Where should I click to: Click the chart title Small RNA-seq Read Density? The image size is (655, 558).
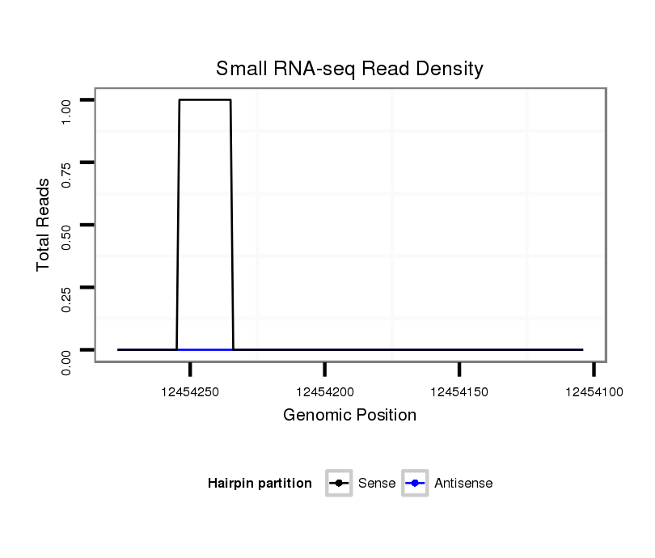click(x=349, y=69)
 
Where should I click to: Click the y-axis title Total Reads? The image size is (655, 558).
click(x=44, y=225)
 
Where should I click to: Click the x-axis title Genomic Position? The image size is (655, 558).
click(x=349, y=416)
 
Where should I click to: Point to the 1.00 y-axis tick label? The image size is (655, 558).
click(x=67, y=111)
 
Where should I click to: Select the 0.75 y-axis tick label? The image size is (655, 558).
click(x=67, y=174)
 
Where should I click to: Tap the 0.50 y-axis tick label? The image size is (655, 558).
click(x=67, y=236)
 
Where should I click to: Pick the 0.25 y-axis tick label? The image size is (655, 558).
click(x=67, y=299)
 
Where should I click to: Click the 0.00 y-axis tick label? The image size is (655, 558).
click(x=67, y=361)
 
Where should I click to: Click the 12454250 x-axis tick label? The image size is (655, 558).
click(x=190, y=392)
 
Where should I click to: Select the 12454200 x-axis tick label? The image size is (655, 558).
click(x=325, y=392)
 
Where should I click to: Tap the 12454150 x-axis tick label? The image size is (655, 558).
click(x=459, y=392)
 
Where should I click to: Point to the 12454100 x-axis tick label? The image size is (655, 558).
click(x=594, y=392)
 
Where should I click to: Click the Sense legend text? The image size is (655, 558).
click(x=377, y=484)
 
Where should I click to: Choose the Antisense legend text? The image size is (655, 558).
click(x=463, y=484)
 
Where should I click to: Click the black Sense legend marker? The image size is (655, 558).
click(x=339, y=484)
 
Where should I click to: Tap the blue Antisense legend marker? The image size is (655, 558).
click(x=414, y=484)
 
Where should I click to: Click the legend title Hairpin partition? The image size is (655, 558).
click(x=260, y=484)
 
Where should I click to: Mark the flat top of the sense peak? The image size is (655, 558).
click(x=205, y=99)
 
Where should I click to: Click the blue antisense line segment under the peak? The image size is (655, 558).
click(x=205, y=349)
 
